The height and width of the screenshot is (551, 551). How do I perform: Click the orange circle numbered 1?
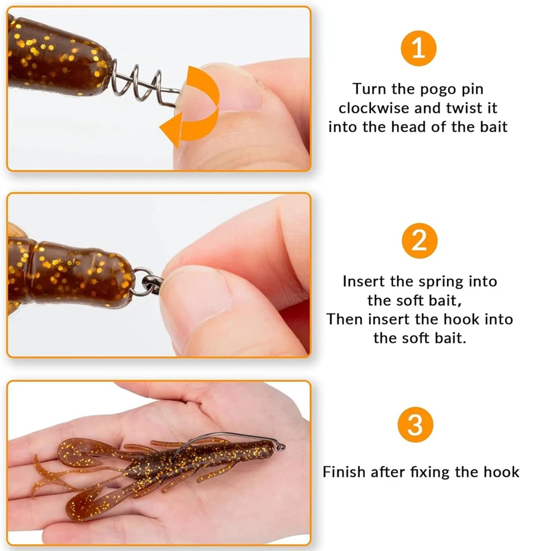tap(419, 49)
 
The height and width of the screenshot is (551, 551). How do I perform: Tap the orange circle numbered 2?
tap(419, 241)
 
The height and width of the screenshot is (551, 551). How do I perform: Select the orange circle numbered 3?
tap(419, 425)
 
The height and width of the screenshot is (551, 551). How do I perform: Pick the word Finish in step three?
tap(344, 472)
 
